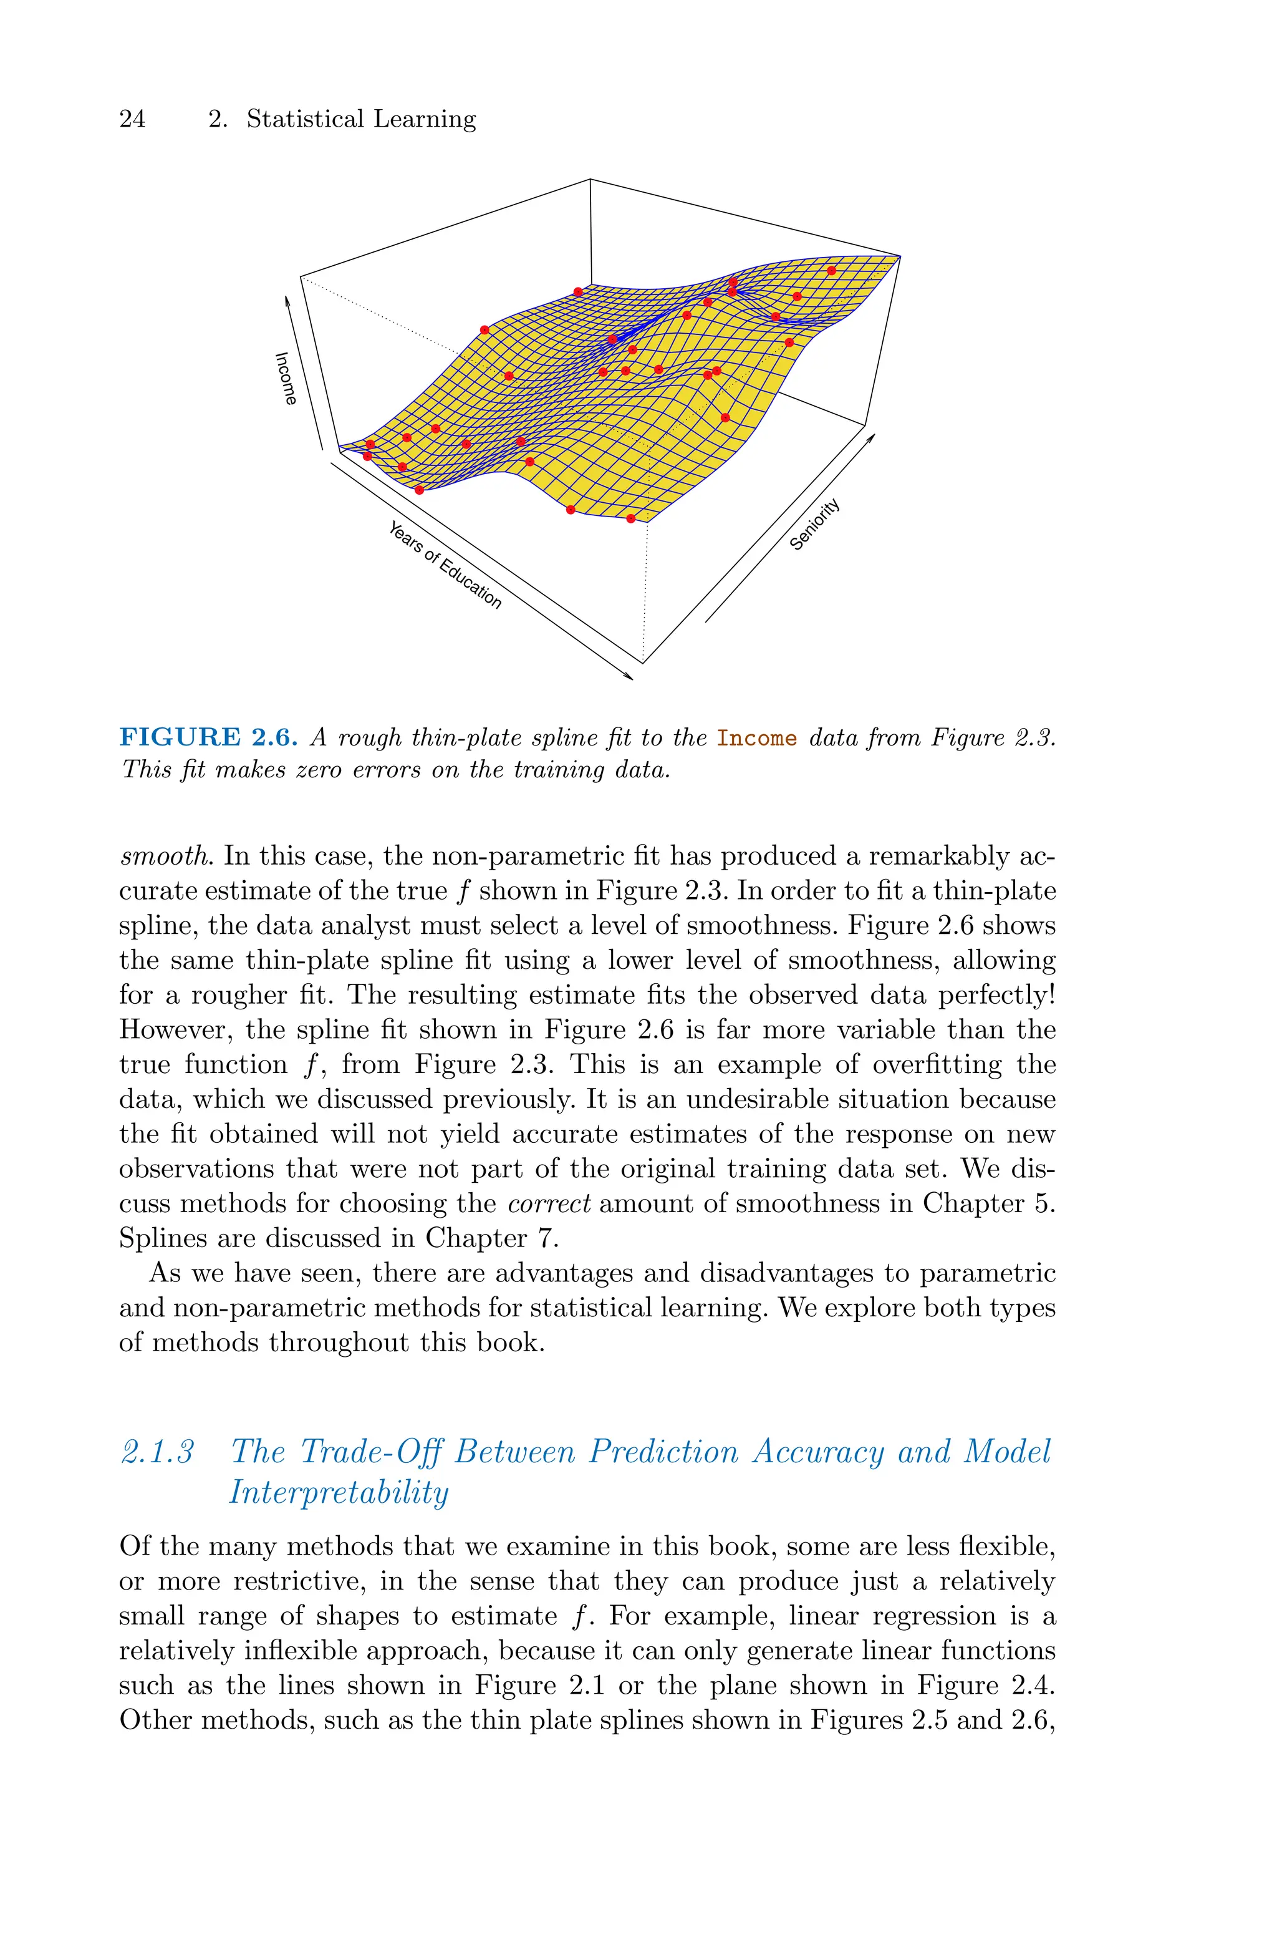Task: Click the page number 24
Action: [133, 119]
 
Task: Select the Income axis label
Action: [285, 379]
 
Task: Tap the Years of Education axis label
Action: [445, 565]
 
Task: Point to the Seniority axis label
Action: [815, 524]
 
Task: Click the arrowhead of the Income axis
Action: [287, 301]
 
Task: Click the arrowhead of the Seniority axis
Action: [872, 437]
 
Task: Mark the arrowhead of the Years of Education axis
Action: [628, 675]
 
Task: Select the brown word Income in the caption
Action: [756, 739]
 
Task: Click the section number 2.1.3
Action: [158, 1452]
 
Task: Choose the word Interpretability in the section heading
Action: [339, 1493]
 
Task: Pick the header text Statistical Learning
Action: [361, 119]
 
